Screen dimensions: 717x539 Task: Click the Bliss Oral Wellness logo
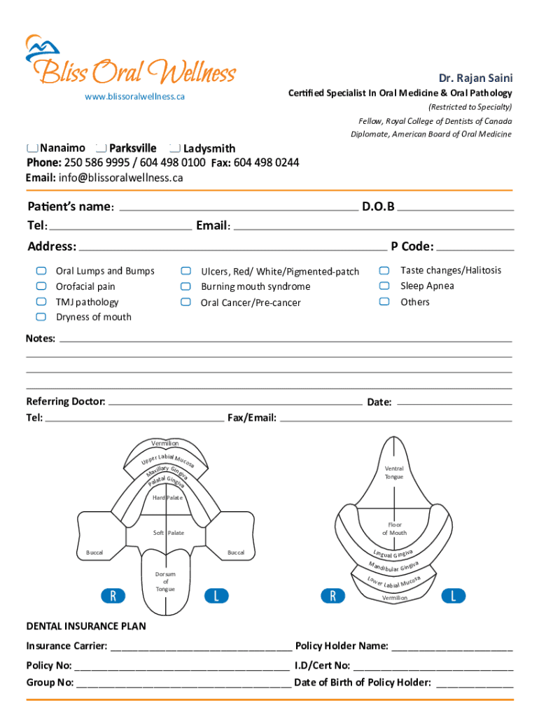click(131, 63)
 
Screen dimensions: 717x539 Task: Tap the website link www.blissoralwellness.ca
click(135, 97)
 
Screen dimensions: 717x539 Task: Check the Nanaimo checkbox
click(32, 148)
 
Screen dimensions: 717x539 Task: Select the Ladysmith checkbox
click(175, 148)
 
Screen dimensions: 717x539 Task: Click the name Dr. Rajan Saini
click(475, 78)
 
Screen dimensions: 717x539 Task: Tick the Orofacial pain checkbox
click(41, 286)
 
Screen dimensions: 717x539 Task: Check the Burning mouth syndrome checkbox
click(185, 286)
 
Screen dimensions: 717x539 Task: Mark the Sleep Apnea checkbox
click(384, 286)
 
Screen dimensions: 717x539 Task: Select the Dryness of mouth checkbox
click(41, 317)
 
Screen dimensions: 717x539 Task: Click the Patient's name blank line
click(238, 209)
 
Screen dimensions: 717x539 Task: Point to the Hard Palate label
click(167, 497)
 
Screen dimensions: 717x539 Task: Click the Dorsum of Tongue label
click(166, 581)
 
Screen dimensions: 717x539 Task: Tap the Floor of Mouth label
click(394, 529)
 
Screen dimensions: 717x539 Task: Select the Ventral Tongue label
click(393, 473)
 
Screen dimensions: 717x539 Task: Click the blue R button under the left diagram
click(113, 596)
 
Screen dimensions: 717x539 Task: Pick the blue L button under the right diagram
click(454, 596)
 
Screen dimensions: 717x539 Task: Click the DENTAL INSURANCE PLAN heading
click(86, 626)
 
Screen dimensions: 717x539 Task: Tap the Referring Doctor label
click(66, 402)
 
